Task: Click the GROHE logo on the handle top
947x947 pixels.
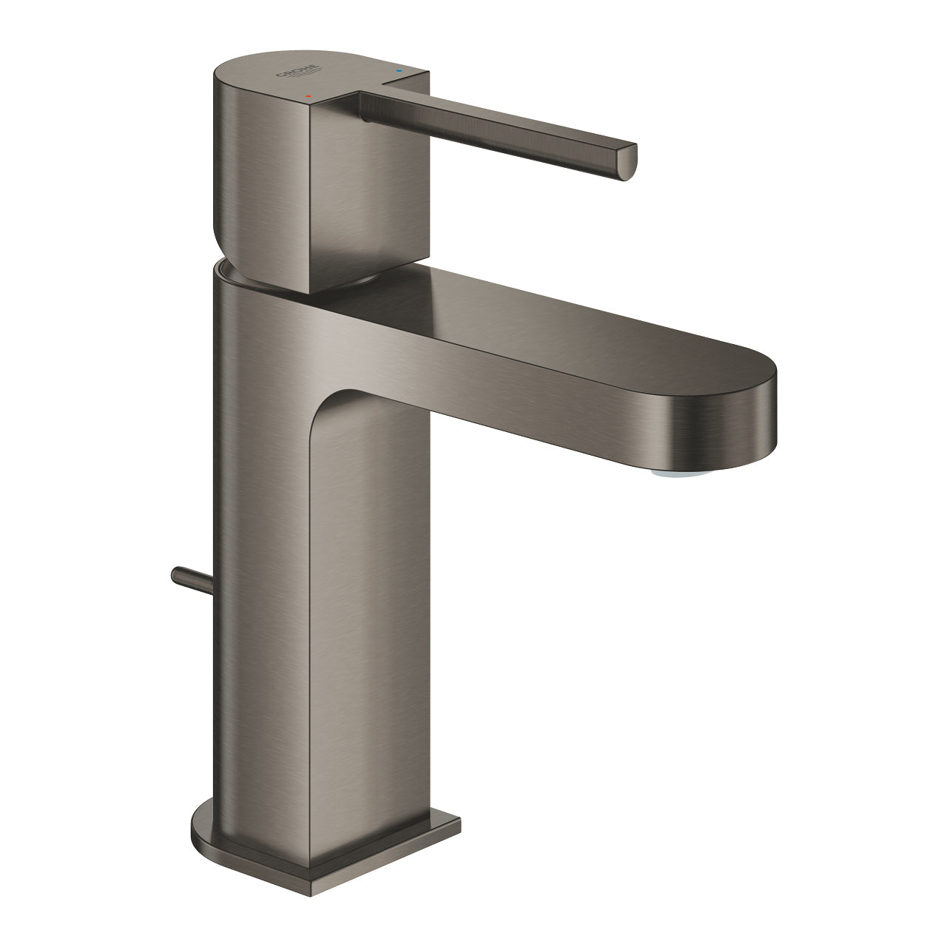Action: pyautogui.click(x=299, y=74)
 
